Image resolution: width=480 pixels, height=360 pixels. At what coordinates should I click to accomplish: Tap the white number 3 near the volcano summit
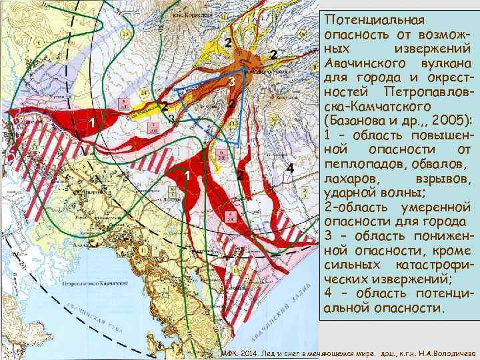pyautogui.click(x=231, y=82)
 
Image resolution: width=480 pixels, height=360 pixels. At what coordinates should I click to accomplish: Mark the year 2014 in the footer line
pyautogui.click(x=247, y=353)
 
